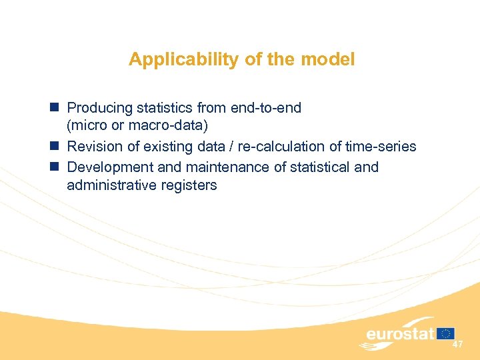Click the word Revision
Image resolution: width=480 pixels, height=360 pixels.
pos(95,146)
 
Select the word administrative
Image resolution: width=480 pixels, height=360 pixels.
pos(111,185)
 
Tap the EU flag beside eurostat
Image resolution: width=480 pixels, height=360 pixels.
pos(447,333)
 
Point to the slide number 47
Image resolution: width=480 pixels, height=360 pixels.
pos(457,345)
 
